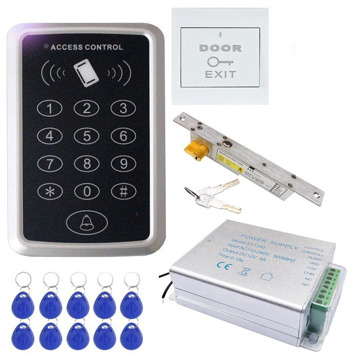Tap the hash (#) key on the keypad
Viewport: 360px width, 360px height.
(123, 191)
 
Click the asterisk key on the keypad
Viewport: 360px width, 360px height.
(51, 191)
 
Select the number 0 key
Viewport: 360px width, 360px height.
(87, 191)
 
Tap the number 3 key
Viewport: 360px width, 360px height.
(123, 108)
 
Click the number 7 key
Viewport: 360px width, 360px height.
(51, 163)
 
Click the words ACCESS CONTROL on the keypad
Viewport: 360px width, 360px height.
(86, 48)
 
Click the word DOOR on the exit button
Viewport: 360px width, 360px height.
(220, 49)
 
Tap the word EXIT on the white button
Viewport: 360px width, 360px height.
(220, 75)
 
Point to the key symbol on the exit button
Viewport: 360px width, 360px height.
(220, 62)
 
